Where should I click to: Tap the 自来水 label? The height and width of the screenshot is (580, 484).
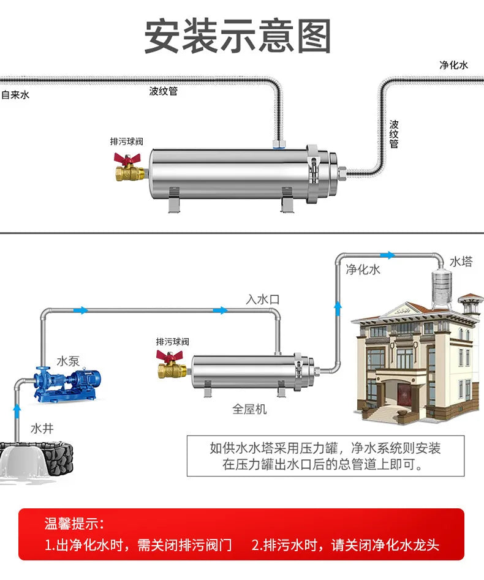[15, 95]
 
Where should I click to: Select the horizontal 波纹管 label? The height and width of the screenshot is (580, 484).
[163, 91]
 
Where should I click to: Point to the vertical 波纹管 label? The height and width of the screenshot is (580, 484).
[394, 134]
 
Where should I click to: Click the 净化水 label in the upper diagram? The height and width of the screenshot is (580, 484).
[453, 65]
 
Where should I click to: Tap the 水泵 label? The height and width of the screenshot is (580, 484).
[69, 361]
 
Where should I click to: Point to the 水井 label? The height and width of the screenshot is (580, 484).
[42, 427]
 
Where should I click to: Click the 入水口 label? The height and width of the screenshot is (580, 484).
[262, 299]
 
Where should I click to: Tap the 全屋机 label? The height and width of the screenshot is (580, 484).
[249, 409]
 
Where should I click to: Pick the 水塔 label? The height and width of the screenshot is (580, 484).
[461, 262]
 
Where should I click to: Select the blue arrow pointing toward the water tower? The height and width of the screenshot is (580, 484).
[387, 255]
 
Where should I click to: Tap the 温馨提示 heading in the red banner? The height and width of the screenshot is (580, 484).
[74, 524]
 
